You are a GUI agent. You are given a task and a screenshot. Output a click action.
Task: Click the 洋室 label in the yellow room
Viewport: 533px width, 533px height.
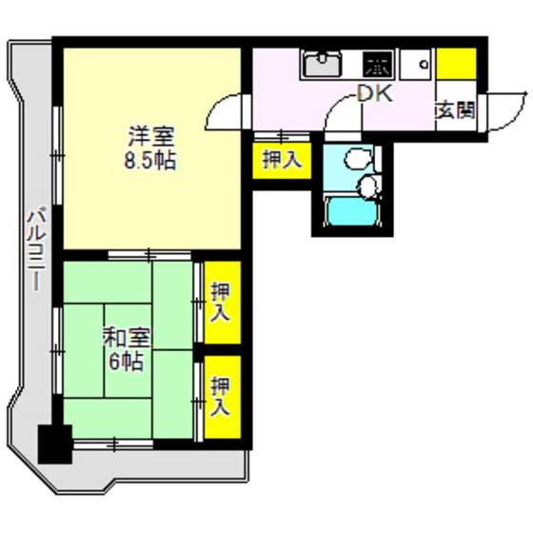tap(150, 136)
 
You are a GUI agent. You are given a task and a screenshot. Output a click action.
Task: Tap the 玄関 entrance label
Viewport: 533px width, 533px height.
tap(455, 109)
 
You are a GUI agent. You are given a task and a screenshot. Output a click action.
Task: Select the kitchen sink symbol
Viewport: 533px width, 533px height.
tap(325, 65)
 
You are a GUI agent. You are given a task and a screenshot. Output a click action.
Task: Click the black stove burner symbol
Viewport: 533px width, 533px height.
tap(378, 65)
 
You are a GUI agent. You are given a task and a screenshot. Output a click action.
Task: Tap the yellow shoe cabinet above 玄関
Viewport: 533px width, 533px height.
tap(456, 64)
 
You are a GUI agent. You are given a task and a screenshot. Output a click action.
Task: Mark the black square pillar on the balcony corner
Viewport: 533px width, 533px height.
tap(54, 443)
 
